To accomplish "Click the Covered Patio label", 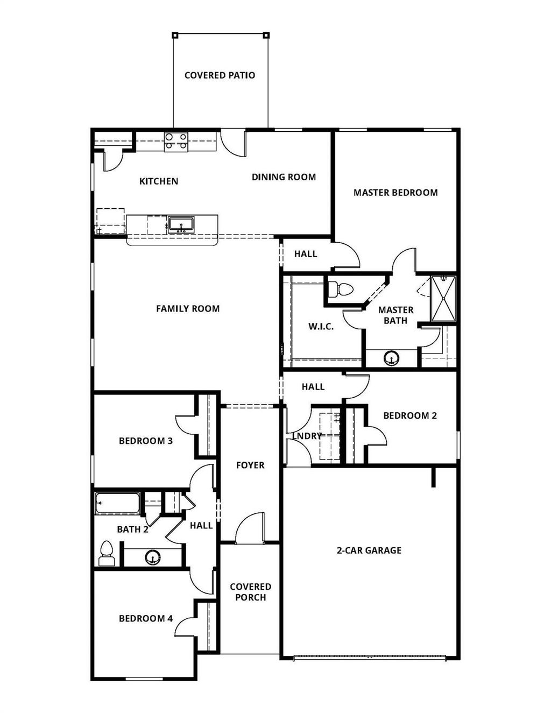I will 220,75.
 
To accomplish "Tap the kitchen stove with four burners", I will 176,141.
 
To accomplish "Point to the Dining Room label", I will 284,177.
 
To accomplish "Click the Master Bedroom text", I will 395,193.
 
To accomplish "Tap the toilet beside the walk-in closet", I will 341,290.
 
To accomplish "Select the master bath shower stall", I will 444,299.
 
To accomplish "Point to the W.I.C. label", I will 321,327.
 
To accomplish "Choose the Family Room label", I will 188,309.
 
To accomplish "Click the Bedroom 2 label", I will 410,415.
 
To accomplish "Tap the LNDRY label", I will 307,436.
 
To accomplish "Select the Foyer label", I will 250,465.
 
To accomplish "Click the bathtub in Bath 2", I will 118,504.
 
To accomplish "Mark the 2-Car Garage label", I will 369,550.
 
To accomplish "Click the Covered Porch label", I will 250,592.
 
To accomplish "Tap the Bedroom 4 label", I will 146,619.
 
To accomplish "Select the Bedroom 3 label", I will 146,441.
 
